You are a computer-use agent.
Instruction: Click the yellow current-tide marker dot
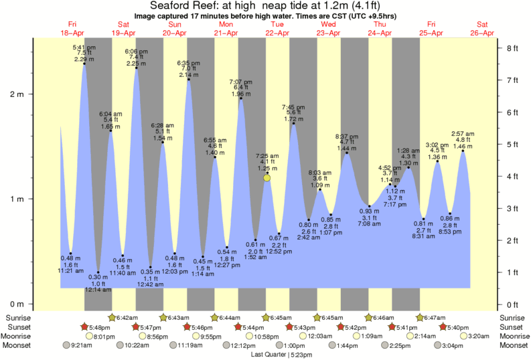[267, 177]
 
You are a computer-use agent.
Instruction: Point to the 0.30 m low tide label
[98, 277]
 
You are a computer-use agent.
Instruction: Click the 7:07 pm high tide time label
[241, 82]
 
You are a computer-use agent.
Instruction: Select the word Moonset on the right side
[512, 345]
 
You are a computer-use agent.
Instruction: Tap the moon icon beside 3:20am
[461, 336]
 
